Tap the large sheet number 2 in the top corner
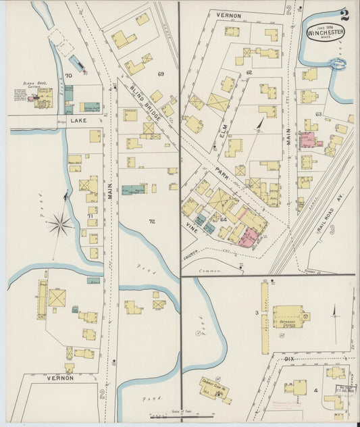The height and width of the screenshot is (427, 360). [x=344, y=14]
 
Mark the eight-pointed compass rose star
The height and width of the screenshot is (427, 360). [x=61, y=224]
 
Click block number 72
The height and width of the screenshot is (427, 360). [x=153, y=221]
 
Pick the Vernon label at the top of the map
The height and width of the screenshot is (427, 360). [x=228, y=14]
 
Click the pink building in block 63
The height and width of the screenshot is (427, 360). [x=309, y=140]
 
